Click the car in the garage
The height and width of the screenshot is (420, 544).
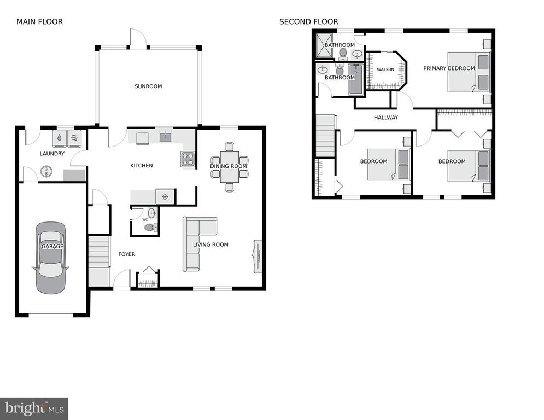click(51, 257)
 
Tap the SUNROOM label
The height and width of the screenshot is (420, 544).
click(148, 86)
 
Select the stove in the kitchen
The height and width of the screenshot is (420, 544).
click(188, 159)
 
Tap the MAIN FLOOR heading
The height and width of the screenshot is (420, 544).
click(39, 22)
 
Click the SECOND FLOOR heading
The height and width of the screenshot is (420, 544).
click(308, 22)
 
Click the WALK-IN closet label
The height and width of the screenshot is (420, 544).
click(385, 69)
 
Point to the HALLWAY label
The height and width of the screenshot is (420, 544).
click(385, 118)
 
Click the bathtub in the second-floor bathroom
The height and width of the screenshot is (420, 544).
click(355, 79)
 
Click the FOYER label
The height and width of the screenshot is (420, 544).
click(126, 254)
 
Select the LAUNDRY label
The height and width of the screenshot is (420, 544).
click(52, 154)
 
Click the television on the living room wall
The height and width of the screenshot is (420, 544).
click(256, 255)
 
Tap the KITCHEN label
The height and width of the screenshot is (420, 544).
click(141, 166)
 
